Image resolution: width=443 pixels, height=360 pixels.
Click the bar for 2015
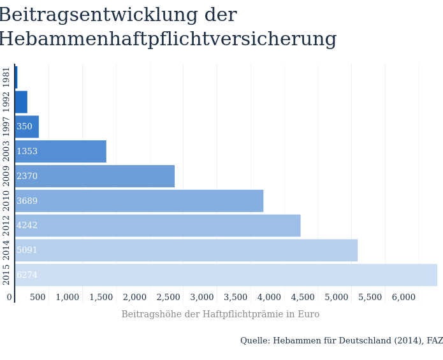click(226, 275)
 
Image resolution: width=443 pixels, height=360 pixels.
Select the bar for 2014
click(186, 250)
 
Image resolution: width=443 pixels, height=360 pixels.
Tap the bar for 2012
click(157, 226)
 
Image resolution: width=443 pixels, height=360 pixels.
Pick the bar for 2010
click(139, 201)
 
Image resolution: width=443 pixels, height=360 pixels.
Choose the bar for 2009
click(94, 176)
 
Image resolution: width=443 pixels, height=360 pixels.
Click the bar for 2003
click(61, 151)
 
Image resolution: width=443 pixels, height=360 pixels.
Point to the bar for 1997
click(27, 126)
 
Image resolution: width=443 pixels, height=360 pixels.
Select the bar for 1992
click(21, 102)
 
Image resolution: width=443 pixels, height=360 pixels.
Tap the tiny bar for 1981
click(16, 77)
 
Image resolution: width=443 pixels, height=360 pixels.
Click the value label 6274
click(27, 275)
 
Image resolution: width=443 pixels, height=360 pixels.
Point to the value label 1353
click(27, 152)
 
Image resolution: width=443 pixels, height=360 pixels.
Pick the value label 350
click(24, 127)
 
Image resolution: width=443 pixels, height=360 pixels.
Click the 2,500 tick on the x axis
click(169, 297)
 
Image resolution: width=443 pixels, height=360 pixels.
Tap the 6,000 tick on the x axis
click(403, 297)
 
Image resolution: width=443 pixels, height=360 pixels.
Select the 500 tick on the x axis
click(38, 297)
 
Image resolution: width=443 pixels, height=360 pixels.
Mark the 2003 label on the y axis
click(6, 151)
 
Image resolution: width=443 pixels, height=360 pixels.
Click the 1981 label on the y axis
click(6, 77)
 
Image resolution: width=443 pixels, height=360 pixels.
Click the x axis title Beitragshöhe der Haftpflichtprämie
click(220, 314)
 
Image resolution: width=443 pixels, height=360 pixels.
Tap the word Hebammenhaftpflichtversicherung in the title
click(167, 40)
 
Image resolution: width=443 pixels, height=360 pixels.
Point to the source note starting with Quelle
click(341, 341)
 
